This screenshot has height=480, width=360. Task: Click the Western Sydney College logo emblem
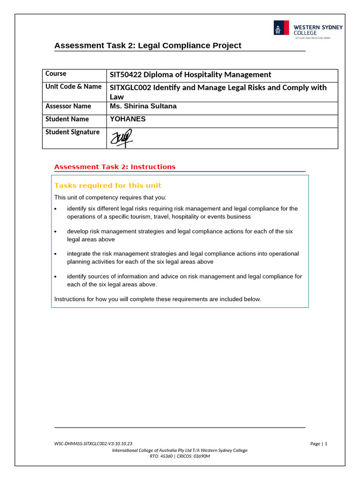click(x=281, y=28)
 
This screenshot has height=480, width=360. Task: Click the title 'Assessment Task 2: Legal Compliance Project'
click(x=148, y=45)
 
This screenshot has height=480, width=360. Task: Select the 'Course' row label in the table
click(x=56, y=74)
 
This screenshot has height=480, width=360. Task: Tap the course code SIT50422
click(x=126, y=75)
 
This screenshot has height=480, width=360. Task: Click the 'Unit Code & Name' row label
click(x=73, y=87)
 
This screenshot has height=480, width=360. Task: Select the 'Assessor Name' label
click(x=68, y=106)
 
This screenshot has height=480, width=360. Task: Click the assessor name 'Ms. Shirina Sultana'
click(x=143, y=106)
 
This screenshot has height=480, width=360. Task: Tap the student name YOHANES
click(x=127, y=119)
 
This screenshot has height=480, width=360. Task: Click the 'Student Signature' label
click(x=72, y=132)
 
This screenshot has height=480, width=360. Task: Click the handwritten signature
click(x=121, y=138)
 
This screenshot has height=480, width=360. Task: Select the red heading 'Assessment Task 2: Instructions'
click(x=115, y=167)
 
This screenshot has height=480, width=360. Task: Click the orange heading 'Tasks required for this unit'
click(x=108, y=186)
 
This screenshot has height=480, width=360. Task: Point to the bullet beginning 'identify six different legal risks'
click(x=182, y=212)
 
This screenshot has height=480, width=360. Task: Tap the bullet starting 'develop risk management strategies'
click(x=180, y=235)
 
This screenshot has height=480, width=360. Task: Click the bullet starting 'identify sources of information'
click(x=184, y=280)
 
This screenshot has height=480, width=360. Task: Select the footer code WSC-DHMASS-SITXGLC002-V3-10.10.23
click(x=93, y=443)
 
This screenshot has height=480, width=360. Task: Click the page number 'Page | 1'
click(x=318, y=443)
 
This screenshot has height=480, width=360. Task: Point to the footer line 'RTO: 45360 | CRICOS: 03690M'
click(x=180, y=456)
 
